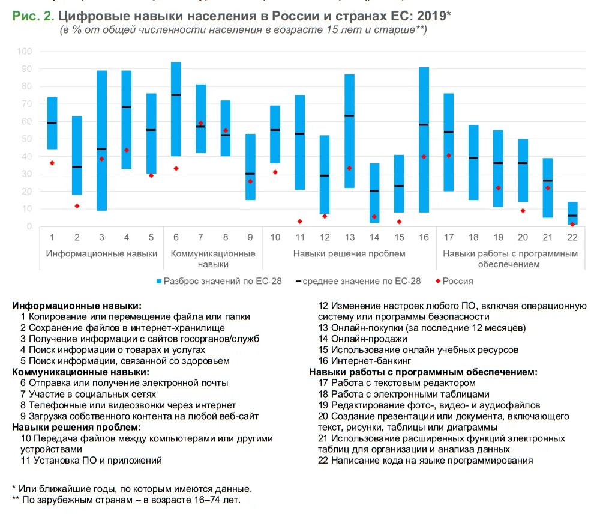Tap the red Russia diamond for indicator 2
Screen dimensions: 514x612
77,206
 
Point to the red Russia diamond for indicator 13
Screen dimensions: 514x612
349,168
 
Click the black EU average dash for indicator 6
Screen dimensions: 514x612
176,95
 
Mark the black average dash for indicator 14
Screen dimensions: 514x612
374,191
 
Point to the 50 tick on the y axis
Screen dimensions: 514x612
26,139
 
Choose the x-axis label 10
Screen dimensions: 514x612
275,237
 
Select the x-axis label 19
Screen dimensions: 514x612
498,237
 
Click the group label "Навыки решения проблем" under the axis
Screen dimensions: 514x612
349,253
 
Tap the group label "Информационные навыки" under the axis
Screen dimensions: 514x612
101,253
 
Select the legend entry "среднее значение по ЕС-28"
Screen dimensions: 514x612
361,281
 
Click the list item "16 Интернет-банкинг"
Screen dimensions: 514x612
364,361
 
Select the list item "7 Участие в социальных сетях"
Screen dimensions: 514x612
88,394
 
